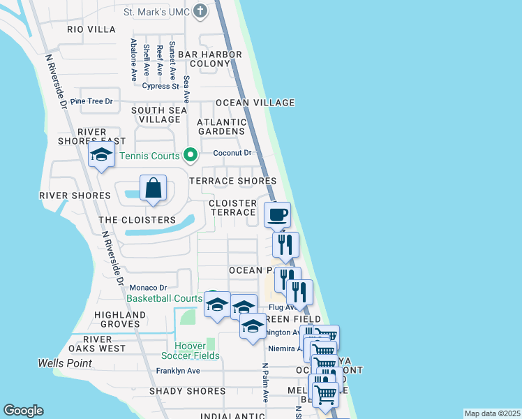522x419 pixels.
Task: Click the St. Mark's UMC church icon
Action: pos(200,11)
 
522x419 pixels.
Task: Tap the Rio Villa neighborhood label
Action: pos(91,29)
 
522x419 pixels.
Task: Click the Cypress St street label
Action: pos(161,87)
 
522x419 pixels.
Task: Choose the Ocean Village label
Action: pos(255,103)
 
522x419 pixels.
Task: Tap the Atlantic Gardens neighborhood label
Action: pos(221,126)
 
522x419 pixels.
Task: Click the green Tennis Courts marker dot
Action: pos(189,155)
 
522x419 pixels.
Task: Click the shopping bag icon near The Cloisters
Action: pos(153,189)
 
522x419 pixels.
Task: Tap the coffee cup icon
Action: pos(277,214)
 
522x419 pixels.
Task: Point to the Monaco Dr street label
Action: pos(149,287)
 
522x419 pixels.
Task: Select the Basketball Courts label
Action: pos(164,298)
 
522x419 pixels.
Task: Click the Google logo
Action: pos(23,411)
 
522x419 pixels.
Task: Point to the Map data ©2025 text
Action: pos(492,413)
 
